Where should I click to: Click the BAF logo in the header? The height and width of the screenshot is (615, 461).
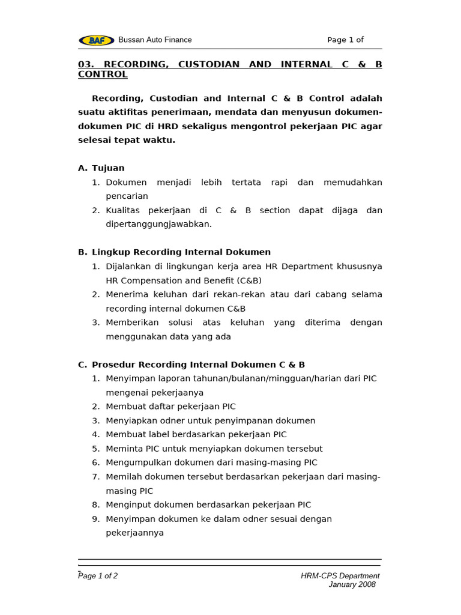(96, 40)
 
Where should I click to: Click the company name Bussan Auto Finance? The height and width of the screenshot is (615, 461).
(155, 40)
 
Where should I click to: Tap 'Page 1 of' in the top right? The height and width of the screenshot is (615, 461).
(345, 40)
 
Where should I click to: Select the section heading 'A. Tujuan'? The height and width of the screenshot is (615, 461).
(101, 168)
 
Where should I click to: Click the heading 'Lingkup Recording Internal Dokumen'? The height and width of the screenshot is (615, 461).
(181, 252)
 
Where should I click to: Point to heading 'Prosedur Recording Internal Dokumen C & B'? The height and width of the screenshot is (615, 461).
(198, 365)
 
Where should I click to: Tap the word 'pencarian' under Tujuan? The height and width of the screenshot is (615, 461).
(127, 196)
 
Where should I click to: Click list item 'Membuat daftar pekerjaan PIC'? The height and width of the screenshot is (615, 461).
(170, 407)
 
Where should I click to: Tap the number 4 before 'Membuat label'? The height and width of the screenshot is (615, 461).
(95, 434)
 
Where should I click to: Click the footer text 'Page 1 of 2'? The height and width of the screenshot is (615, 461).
(98, 575)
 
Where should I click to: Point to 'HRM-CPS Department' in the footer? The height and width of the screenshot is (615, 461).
(340, 575)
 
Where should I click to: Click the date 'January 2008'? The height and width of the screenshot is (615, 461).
(352, 584)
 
